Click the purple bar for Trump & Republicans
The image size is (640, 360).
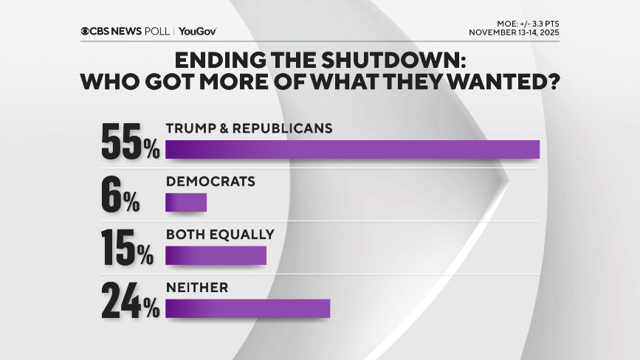(x=352, y=148)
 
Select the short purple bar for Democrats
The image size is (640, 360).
(x=186, y=202)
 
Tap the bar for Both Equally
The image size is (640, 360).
(x=216, y=255)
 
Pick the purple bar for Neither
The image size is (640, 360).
(x=247, y=308)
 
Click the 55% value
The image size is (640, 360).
(x=130, y=142)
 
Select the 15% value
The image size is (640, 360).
(x=127, y=249)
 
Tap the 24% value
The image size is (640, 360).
(x=130, y=302)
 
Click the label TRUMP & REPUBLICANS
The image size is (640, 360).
(x=249, y=128)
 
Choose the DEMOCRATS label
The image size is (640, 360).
(x=210, y=181)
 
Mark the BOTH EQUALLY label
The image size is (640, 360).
(x=220, y=235)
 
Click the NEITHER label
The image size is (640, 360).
(x=197, y=288)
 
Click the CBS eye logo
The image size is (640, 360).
(x=86, y=31)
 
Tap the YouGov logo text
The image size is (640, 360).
(x=197, y=31)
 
